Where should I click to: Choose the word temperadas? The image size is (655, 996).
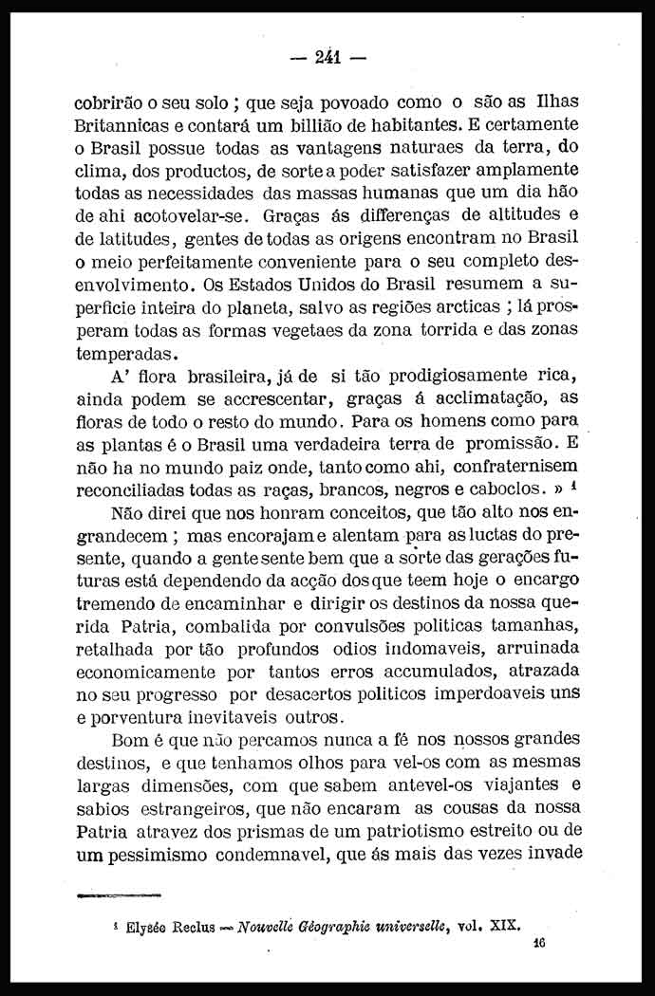click(x=123, y=352)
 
